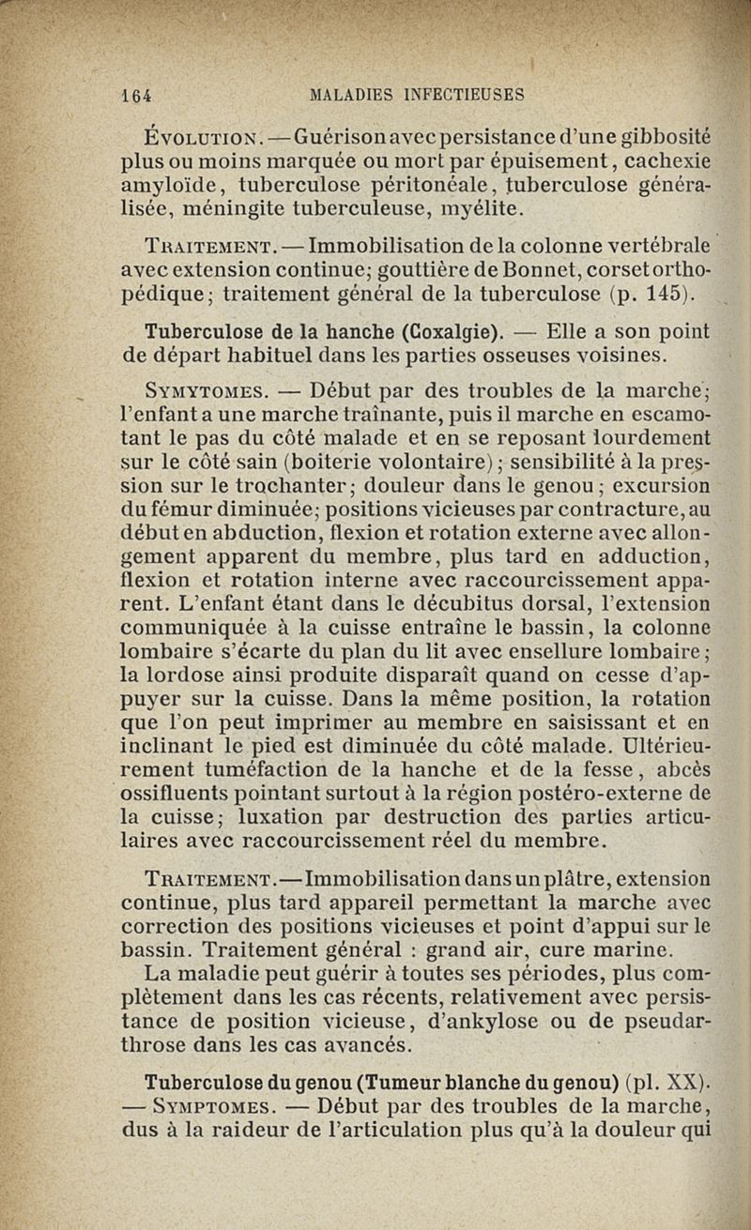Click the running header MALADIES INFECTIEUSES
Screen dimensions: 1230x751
416,94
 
